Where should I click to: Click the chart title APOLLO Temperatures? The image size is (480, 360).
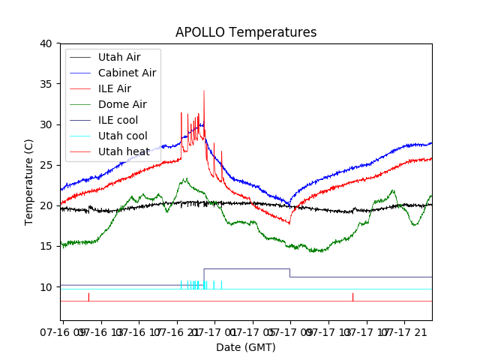[x=246, y=33]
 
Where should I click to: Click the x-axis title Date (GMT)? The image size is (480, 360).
[x=246, y=347]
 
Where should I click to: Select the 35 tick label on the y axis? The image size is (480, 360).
[x=46, y=84]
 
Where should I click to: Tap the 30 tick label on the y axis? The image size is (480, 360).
[x=46, y=124]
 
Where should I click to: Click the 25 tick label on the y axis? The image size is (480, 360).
[x=46, y=165]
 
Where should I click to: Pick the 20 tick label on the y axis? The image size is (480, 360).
[x=46, y=205]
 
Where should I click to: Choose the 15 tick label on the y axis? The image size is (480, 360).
[x=46, y=246]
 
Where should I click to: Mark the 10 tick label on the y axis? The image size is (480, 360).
[x=46, y=286]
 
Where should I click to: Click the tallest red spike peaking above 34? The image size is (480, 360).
[x=204, y=92]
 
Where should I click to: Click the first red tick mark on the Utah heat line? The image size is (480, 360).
[x=88, y=297]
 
